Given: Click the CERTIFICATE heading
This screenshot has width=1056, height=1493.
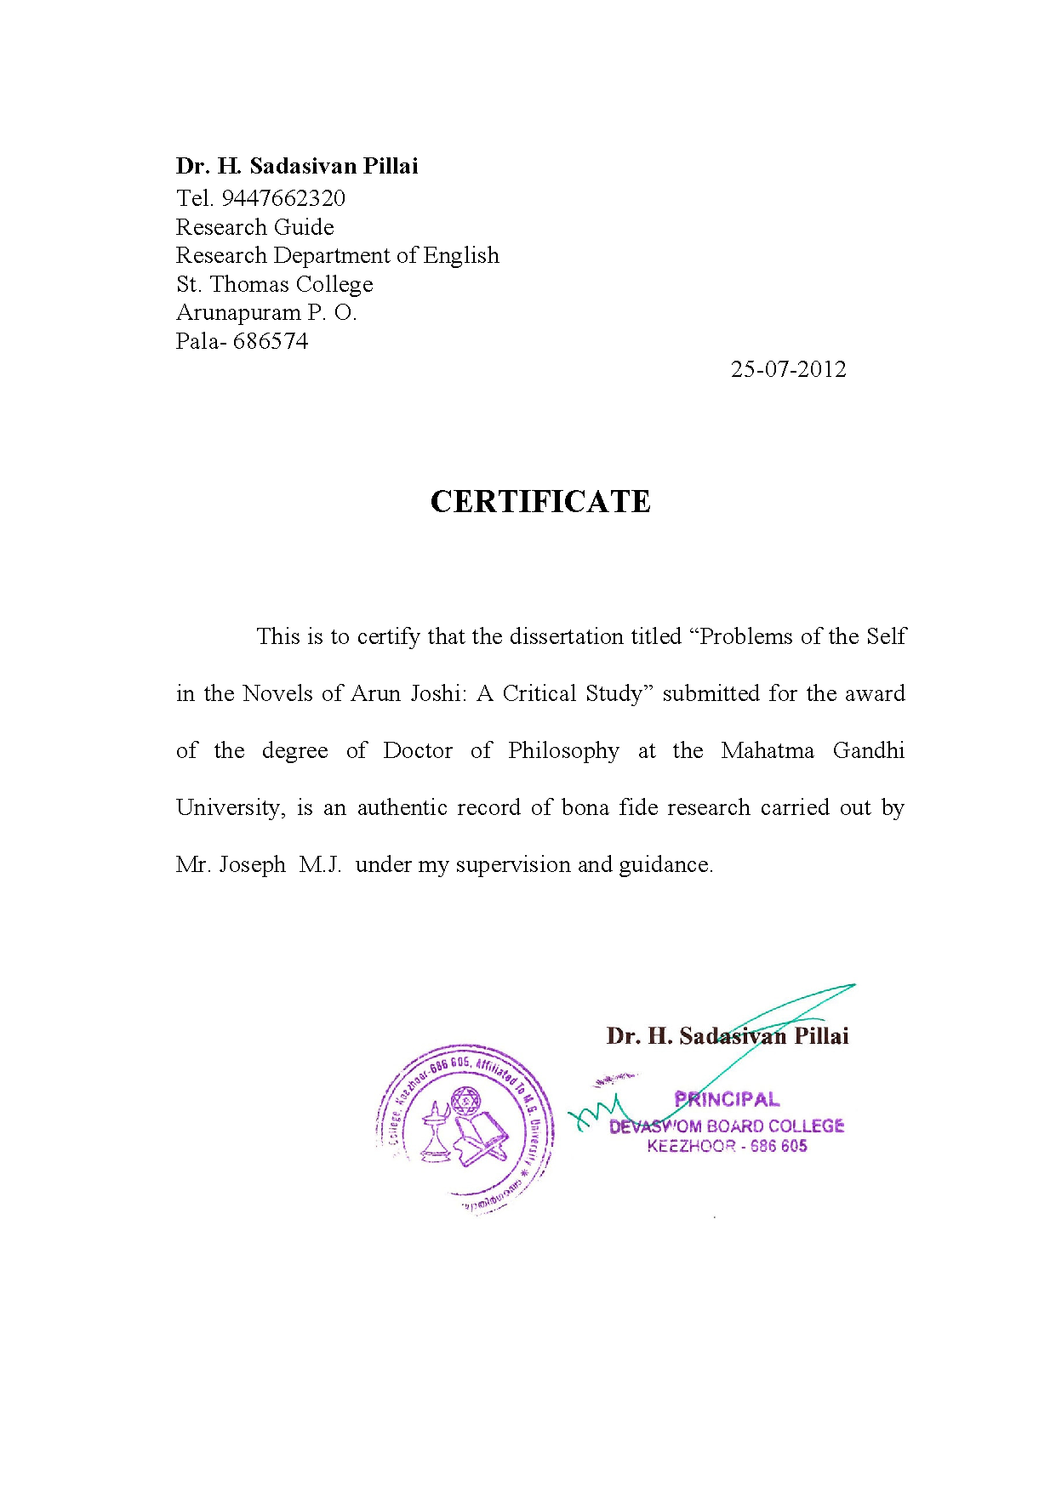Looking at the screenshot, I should pyautogui.click(x=540, y=502).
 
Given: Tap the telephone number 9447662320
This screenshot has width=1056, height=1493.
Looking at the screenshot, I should pyautogui.click(x=283, y=198).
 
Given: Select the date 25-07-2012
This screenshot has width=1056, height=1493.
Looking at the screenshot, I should pyautogui.click(x=788, y=369).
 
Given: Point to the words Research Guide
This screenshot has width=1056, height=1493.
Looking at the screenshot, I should pyautogui.click(x=254, y=227).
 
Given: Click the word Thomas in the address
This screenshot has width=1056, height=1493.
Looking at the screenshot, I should pyautogui.click(x=249, y=284).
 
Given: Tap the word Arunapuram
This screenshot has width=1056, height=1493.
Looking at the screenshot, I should pyautogui.click(x=238, y=313).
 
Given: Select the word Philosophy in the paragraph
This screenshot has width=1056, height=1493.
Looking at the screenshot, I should pyautogui.click(x=563, y=751).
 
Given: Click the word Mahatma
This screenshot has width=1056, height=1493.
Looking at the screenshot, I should pyautogui.click(x=767, y=750).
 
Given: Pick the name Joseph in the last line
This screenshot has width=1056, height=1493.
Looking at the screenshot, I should pyautogui.click(x=253, y=865).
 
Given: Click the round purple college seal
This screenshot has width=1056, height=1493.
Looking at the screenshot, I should pyautogui.click(x=465, y=1129).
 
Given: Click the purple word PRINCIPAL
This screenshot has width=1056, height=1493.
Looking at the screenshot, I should pyautogui.click(x=727, y=1099).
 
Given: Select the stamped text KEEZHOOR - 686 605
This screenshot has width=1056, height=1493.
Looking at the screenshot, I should pyautogui.click(x=727, y=1146).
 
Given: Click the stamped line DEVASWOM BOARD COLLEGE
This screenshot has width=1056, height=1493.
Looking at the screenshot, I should pyautogui.click(x=727, y=1125).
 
